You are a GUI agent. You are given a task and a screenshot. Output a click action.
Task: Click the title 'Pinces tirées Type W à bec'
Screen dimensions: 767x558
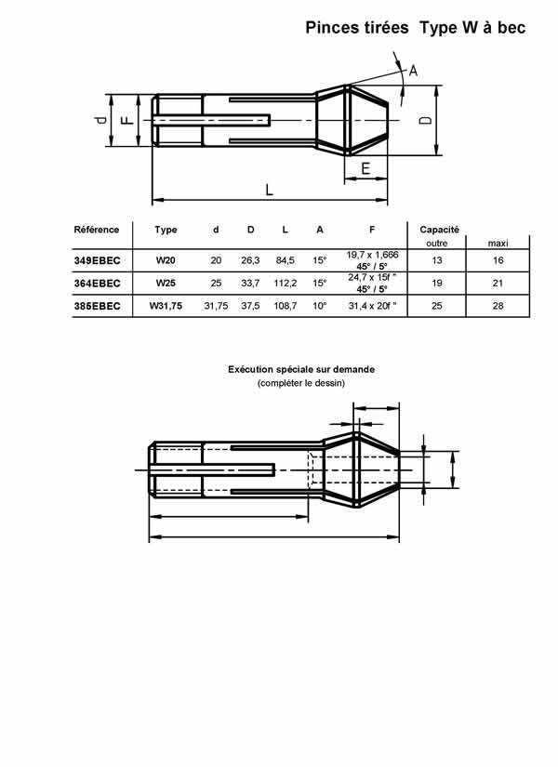tap(416, 29)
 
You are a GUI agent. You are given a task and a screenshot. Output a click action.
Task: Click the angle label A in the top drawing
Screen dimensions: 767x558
tap(413, 71)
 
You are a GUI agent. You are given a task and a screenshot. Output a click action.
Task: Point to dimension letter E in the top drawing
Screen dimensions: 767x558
tap(365, 168)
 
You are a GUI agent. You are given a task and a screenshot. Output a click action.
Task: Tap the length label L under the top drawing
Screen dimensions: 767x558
tap(269, 190)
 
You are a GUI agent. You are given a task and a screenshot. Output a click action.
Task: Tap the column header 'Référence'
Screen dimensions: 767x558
tap(97, 230)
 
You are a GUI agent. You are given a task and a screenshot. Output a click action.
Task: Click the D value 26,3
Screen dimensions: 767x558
tap(250, 261)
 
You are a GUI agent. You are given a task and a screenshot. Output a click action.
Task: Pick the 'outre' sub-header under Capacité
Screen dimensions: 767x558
tap(437, 243)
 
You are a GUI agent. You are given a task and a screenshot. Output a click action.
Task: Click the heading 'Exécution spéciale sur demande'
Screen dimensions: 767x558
tap(301, 369)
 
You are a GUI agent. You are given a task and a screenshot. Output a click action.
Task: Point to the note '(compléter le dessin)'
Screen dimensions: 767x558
tap(301, 383)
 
